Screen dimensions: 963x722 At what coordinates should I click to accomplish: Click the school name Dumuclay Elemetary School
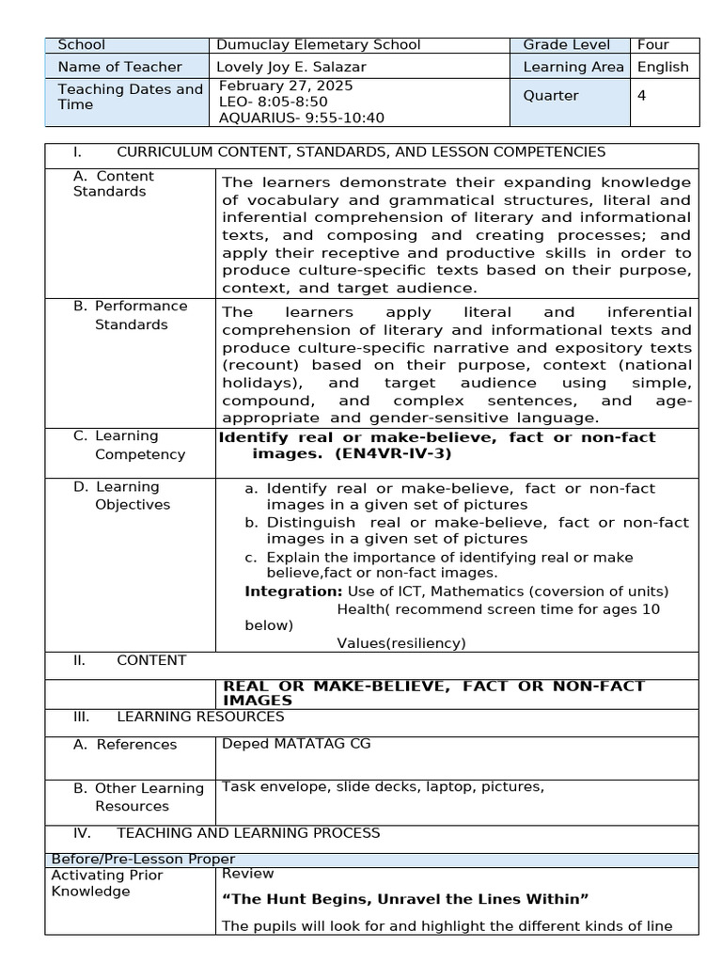coord(319,45)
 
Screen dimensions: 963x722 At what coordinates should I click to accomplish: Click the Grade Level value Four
coord(652,45)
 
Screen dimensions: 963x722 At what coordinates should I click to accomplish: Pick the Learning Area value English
coord(663,67)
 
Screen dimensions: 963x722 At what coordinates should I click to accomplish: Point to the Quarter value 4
coord(641,95)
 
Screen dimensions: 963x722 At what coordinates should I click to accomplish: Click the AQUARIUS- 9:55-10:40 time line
coord(301,118)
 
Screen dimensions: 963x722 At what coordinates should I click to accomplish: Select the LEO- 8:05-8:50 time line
coord(273,102)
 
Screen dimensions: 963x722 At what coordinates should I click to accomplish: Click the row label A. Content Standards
coord(113,183)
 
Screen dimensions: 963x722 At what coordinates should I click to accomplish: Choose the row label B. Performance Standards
coord(131,315)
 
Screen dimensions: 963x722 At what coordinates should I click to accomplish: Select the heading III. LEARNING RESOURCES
coord(179,717)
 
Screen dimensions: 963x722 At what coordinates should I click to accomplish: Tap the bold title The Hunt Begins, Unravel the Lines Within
coord(404,900)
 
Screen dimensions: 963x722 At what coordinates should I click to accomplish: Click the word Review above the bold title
coord(243,874)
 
